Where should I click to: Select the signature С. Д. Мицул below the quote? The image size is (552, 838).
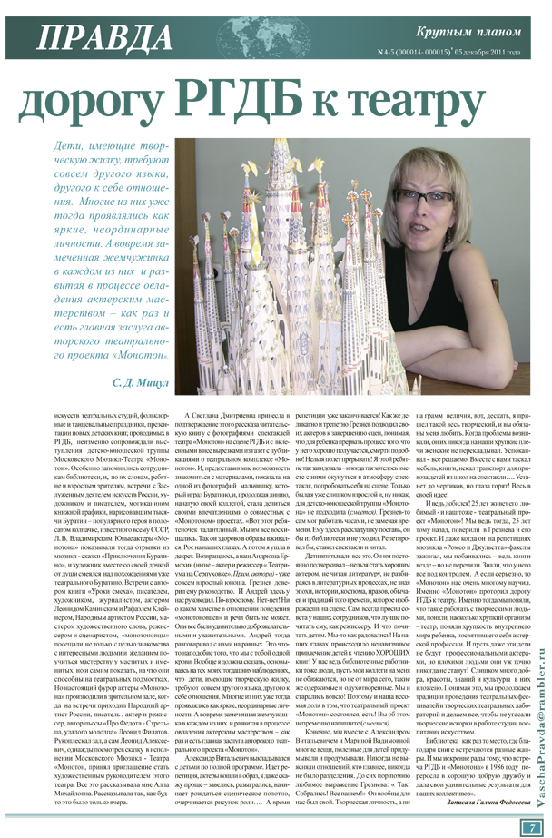[141, 383]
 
